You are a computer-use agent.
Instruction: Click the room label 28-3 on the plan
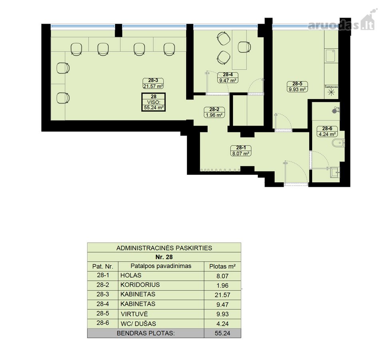pos(153,80)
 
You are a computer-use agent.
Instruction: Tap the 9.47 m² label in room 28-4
pos(227,80)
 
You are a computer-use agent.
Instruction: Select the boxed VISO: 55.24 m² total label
pos(153,102)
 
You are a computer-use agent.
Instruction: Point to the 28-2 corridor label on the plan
pos(214,109)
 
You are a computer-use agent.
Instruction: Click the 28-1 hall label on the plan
pos(241,148)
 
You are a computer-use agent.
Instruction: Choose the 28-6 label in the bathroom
pos(327,128)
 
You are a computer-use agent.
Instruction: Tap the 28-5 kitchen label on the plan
pos(297,84)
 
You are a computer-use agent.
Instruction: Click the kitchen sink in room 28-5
pos(330,56)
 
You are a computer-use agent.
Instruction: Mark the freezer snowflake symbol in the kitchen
pos(331,92)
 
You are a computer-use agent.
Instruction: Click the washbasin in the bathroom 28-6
pos(335,172)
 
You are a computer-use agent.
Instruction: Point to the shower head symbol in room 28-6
pos(335,110)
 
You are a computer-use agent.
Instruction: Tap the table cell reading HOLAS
pos(131,275)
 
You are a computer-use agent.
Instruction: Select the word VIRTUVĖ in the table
pos(134,314)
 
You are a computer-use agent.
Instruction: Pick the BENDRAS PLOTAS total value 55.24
pos(223,333)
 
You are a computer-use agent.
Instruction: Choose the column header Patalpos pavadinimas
pos(161,266)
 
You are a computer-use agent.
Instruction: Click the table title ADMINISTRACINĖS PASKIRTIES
pos(164,248)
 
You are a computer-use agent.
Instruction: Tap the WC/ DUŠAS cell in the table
pos(138,324)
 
